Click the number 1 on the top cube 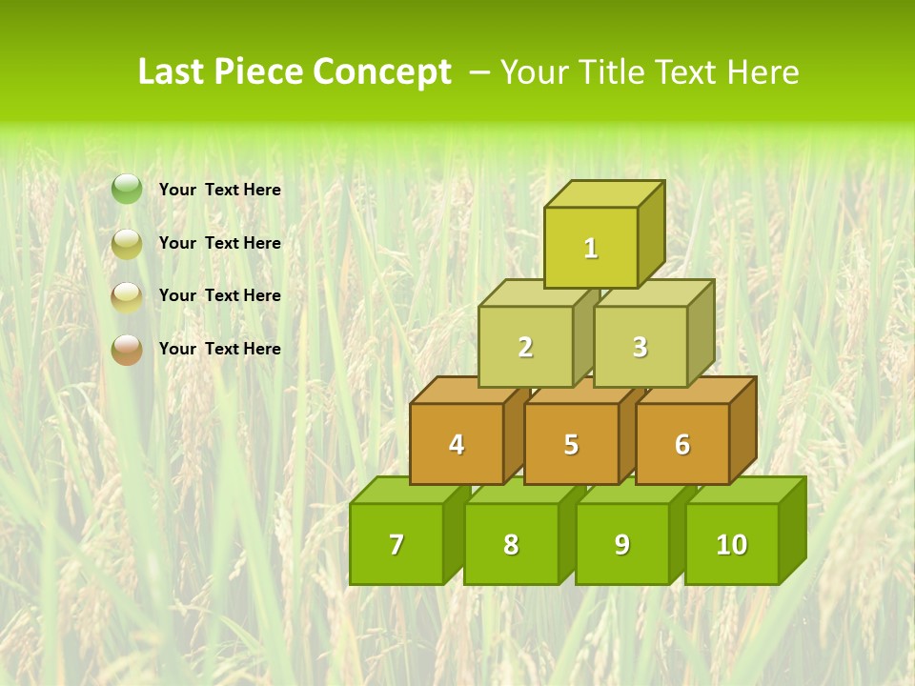[x=591, y=249]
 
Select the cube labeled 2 [x=525, y=347]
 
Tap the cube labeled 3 [x=640, y=347]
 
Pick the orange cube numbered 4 [x=457, y=444]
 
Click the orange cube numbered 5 [x=571, y=444]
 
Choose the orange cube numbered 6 [x=682, y=444]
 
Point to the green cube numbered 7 [x=396, y=544]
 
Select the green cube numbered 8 [x=511, y=544]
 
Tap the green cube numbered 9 [x=621, y=544]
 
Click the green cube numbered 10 [x=731, y=544]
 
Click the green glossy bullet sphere [x=127, y=190]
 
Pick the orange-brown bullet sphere [x=127, y=350]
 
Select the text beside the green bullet [x=220, y=190]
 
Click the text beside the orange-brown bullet [x=220, y=349]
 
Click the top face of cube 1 [x=603, y=193]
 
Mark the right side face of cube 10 [x=792, y=529]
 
